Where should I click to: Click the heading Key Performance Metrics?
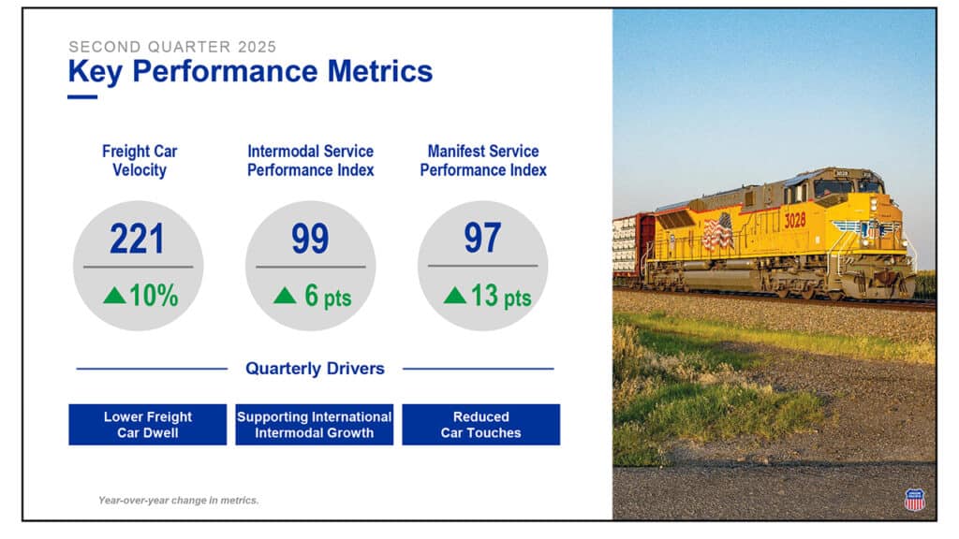pos(250,71)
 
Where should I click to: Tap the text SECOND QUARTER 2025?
pos(172,46)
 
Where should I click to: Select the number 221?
pos(137,239)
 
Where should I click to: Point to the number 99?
pos(309,239)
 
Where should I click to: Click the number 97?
pos(482,239)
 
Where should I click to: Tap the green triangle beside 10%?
pos(114,296)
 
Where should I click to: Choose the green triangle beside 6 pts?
pos(285,296)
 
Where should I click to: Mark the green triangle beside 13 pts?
pos(455,296)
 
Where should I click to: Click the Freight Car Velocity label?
pos(140,161)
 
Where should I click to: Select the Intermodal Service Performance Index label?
pos(310,161)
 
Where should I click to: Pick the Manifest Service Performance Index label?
pos(483,161)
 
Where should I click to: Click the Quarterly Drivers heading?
pos(315,369)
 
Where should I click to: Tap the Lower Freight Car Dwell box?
pos(148,425)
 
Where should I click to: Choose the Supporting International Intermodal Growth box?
pos(314,425)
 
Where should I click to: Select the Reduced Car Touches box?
pos(480,425)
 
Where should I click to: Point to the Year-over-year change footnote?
pos(178,501)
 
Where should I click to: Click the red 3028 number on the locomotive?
pos(794,220)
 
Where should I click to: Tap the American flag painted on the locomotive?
pos(717,231)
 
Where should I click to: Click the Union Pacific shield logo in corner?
pos(914,499)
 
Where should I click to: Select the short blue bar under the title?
pos(82,96)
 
